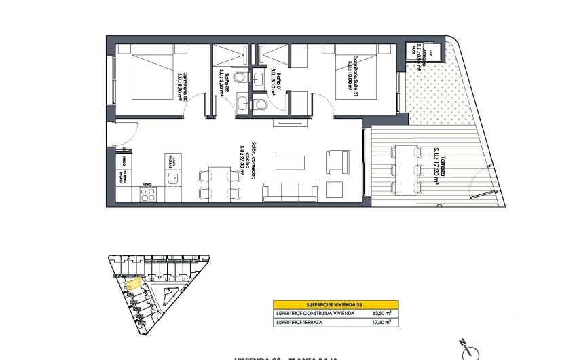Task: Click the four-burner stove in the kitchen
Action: pyautogui.click(x=148, y=195)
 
